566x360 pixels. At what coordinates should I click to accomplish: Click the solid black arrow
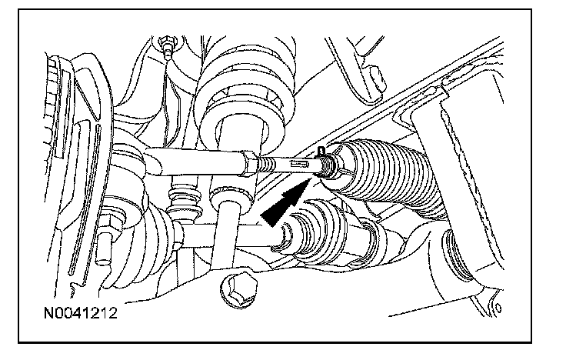[x=285, y=203]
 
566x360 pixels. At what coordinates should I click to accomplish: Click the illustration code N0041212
[x=81, y=313]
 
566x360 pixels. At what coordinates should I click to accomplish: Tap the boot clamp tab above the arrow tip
[x=321, y=151]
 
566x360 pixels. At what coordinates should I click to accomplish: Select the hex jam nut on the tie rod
[x=250, y=164]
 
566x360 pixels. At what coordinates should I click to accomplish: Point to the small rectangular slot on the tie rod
[x=299, y=165]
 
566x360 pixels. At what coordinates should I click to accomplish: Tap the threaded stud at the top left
[x=166, y=47]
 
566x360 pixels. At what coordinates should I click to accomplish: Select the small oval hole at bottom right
[x=498, y=308]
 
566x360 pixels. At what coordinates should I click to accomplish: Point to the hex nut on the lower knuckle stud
[x=109, y=224]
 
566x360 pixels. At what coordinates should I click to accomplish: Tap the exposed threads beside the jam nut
[x=267, y=165]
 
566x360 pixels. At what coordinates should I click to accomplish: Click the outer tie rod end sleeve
[x=195, y=162]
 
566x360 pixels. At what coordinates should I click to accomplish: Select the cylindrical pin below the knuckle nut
[x=104, y=248]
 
